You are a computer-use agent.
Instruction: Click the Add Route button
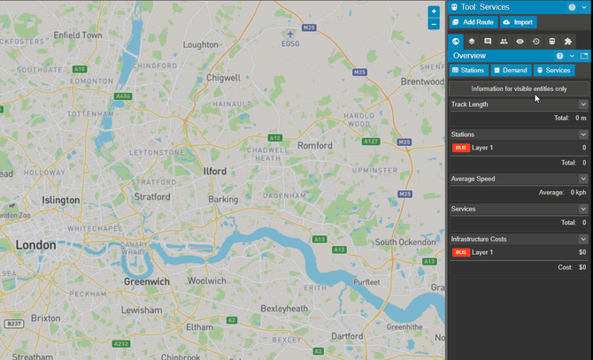point(473,22)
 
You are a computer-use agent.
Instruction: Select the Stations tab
point(468,70)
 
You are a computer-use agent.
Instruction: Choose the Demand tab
point(511,70)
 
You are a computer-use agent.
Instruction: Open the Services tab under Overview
point(553,70)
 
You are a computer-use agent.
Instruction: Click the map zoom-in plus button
point(434,11)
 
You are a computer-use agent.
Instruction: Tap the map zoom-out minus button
point(434,24)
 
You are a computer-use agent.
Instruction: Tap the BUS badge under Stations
point(460,148)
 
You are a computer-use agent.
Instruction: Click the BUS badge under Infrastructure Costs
point(460,252)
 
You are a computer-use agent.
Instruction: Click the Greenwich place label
point(146,281)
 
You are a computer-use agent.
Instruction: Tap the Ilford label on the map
point(215,171)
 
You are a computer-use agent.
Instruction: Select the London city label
point(35,244)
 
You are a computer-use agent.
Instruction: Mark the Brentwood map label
point(421,81)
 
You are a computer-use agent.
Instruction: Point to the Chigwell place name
point(223,78)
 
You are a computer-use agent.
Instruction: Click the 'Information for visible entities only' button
point(519,88)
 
